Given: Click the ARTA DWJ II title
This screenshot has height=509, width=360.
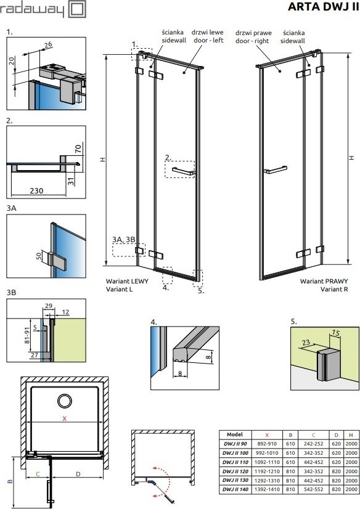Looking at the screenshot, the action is click(323, 7).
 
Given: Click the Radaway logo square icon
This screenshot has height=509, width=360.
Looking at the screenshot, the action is click(78, 9).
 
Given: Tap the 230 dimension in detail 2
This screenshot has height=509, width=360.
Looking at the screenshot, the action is click(36, 190).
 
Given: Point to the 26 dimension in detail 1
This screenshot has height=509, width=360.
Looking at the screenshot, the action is click(48, 44).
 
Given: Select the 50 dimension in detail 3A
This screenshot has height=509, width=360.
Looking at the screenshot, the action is click(39, 256).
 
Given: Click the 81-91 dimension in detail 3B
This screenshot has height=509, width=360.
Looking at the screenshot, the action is click(27, 335).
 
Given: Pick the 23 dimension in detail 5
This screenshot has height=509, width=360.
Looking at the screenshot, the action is click(306, 343).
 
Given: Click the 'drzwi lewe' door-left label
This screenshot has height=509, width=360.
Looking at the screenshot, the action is click(207, 32).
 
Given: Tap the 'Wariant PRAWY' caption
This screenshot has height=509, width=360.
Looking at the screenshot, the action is click(324, 281).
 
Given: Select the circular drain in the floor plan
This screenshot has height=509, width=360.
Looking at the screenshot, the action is click(65, 401).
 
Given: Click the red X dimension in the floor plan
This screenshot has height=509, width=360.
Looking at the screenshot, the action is click(64, 419).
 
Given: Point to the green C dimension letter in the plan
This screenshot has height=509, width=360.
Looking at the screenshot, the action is click(38, 474).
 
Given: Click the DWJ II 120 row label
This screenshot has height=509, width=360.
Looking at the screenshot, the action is click(235, 471).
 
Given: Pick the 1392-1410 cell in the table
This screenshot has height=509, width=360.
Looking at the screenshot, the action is click(267, 489).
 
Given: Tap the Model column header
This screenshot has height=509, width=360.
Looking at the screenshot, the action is click(235, 434).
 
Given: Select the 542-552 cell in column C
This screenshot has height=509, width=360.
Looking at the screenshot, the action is click(314, 489).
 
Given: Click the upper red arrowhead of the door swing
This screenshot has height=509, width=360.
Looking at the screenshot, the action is click(155, 469).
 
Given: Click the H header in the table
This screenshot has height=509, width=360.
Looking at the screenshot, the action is click(351, 434).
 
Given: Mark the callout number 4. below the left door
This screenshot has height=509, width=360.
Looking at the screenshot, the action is click(166, 287).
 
